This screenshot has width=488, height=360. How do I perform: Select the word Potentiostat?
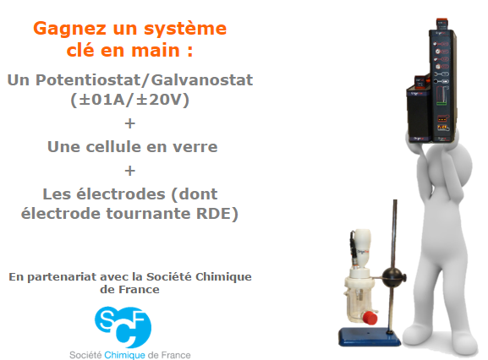pos(88,80)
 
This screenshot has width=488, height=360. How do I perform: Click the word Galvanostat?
pos(202,80)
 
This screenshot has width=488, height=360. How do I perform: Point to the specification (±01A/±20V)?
pos(129,100)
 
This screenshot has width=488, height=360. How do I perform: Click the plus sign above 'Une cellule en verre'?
pos(130,123)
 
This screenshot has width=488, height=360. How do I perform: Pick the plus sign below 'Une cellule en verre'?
pos(130,171)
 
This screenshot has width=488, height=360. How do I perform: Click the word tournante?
pos(149,214)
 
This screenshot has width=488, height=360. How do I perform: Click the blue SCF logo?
pos(123,327)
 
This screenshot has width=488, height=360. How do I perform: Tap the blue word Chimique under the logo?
pos(124,355)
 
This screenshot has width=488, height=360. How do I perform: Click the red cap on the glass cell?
pos(370,318)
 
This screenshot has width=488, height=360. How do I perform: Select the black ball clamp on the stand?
pos(392,276)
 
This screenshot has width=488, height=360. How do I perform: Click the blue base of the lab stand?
pos(369,336)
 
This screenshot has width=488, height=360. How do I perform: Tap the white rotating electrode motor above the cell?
pos(362,248)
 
